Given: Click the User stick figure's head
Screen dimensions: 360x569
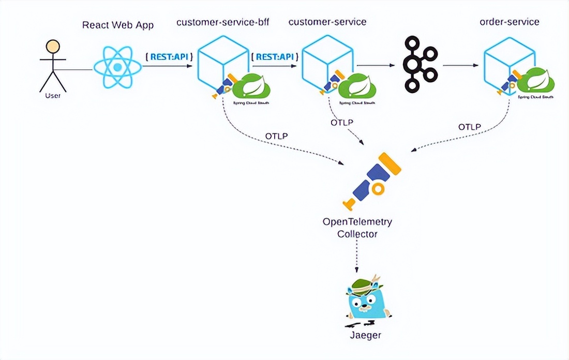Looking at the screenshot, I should [52, 47].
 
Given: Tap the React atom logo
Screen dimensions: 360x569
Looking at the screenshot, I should [117, 67].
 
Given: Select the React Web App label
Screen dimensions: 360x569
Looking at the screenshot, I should [118, 25].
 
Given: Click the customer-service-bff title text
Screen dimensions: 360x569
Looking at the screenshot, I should [223, 22].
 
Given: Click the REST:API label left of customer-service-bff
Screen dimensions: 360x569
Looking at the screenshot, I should [169, 56].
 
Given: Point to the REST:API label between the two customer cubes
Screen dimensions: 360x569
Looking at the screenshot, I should [274, 56].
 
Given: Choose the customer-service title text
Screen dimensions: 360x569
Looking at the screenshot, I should [327, 22].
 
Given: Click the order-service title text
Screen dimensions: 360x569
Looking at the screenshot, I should [510, 22].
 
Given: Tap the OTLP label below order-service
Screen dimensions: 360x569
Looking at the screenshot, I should [469, 127].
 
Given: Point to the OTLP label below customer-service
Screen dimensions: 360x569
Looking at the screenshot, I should [341, 123].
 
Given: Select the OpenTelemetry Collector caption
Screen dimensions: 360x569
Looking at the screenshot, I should [357, 228].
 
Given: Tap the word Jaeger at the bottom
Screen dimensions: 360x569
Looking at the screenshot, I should [366, 335].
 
